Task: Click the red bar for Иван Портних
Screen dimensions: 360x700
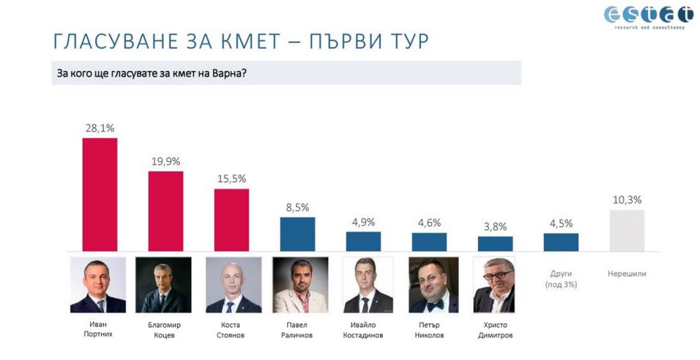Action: point(100,194)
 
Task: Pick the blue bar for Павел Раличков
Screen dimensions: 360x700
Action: point(297,234)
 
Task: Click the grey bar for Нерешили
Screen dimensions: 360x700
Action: point(626,230)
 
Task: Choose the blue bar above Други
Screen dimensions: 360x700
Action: point(561,242)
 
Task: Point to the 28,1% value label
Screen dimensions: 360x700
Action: point(100,128)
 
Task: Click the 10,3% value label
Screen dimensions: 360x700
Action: point(626,199)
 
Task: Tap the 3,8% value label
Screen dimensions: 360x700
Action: point(495,226)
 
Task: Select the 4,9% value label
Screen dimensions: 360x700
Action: point(363,222)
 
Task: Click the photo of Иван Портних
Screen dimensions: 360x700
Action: point(98,285)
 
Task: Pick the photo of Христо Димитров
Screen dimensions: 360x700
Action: point(495,285)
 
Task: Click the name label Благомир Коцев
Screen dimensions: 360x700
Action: point(164,330)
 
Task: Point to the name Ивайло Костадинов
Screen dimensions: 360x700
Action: point(363,330)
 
